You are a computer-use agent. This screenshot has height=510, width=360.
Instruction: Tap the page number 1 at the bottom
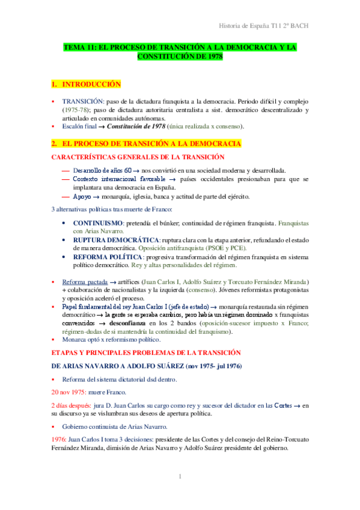180,477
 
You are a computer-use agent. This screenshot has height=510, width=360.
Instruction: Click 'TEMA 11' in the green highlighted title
81,46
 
